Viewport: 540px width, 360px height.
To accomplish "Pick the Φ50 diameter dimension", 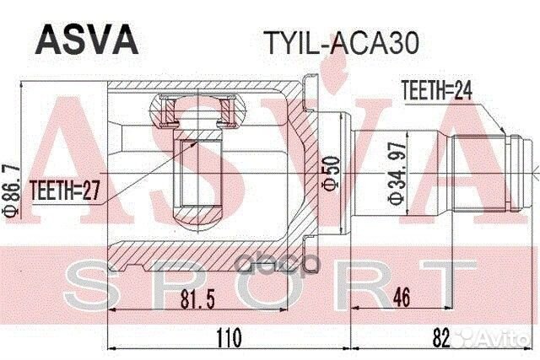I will pyautogui.click(x=332, y=172).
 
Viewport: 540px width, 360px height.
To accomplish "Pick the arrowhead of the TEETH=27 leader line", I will pyautogui.click(x=196, y=143).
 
